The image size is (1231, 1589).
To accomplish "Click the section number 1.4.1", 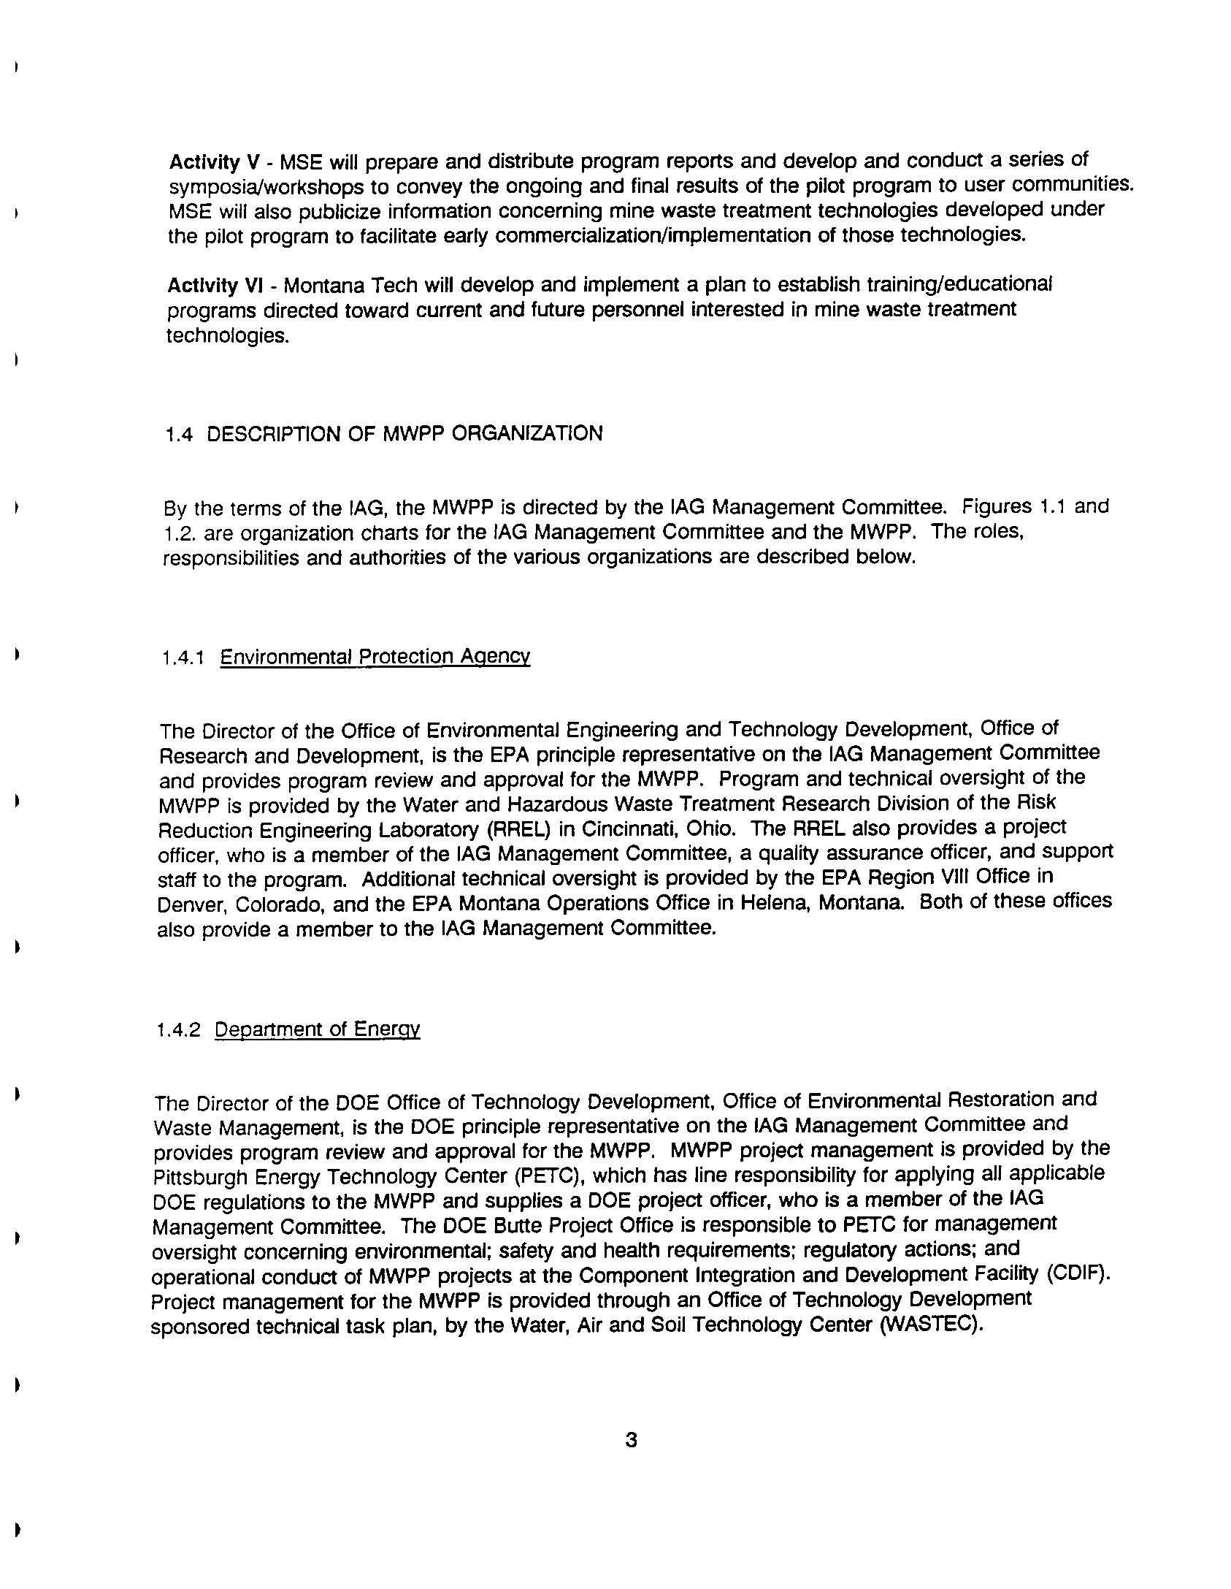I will tap(182, 658).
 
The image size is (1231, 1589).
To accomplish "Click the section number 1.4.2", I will tap(177, 1030).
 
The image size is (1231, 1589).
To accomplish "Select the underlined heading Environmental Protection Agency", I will tap(375, 656).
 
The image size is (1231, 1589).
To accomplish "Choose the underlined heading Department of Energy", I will tap(317, 1029).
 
